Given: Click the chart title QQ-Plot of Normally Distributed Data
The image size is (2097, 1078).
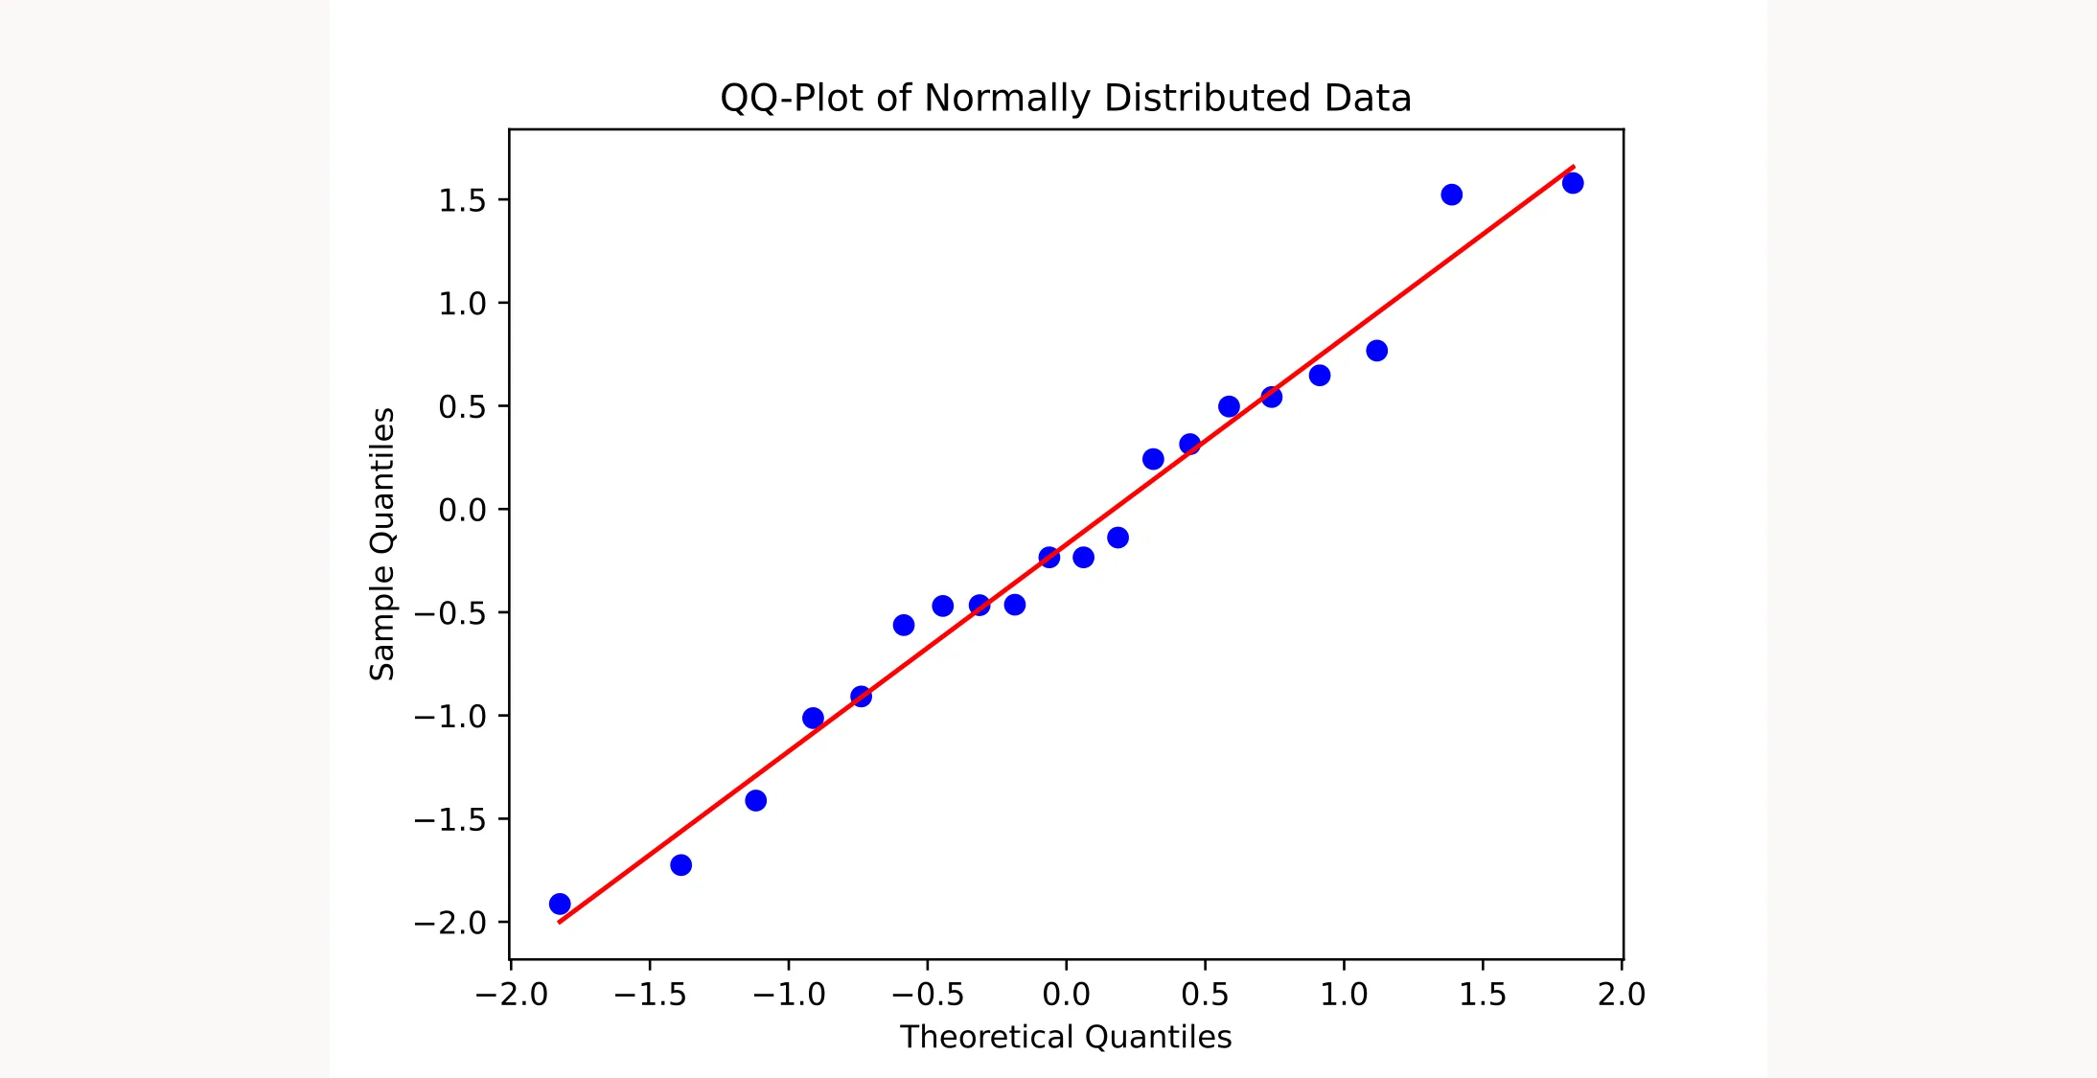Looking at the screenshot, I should pyautogui.click(x=1065, y=98).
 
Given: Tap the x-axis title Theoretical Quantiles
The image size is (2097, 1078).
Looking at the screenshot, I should pyautogui.click(x=1065, y=1037).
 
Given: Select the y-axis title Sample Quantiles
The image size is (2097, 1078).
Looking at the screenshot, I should pyautogui.click(x=382, y=544).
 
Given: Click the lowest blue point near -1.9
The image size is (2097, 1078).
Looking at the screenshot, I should pyautogui.click(x=560, y=904).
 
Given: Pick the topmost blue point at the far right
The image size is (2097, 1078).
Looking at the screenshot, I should pyautogui.click(x=1573, y=183).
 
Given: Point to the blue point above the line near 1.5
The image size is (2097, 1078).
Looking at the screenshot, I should pyautogui.click(x=1451, y=195).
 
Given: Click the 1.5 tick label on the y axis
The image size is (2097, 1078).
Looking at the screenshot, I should pyautogui.click(x=462, y=200).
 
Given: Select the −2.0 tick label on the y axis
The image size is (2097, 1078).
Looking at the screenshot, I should pyautogui.click(x=449, y=923).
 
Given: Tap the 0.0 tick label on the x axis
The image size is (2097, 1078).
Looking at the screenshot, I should pyautogui.click(x=1066, y=995).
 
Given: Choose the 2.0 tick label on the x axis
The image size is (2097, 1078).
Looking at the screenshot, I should pyautogui.click(x=1622, y=995).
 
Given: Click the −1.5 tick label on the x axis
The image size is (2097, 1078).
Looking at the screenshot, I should pyautogui.click(x=650, y=995).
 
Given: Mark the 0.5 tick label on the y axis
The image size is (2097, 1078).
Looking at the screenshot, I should pyautogui.click(x=462, y=407).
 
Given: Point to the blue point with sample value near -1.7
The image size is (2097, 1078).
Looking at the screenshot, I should pyautogui.click(x=680, y=865).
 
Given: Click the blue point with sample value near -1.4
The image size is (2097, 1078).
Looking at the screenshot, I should pyautogui.click(x=755, y=800).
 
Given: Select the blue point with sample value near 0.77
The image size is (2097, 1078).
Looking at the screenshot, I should pyautogui.click(x=1376, y=351).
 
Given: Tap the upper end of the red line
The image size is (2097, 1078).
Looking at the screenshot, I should pyautogui.click(x=1573, y=167).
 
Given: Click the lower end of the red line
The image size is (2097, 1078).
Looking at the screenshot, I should pyautogui.click(x=560, y=922).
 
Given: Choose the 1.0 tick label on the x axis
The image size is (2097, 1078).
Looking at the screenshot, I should pyautogui.click(x=1344, y=995).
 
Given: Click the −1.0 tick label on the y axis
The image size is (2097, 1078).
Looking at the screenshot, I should pyautogui.click(x=449, y=716).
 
